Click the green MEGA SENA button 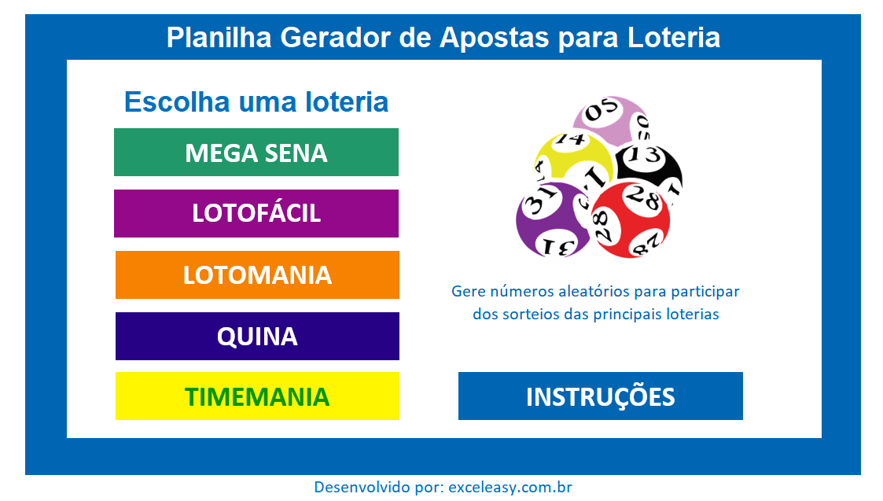tap(256, 152)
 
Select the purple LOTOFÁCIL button tap(256, 214)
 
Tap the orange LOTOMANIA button tap(257, 275)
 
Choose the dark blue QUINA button tap(257, 337)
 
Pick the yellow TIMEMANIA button tap(257, 396)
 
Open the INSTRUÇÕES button tap(600, 396)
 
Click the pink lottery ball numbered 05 tap(611, 118)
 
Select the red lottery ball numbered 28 tap(631, 219)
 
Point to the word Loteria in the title tap(674, 38)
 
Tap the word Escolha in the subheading tap(177, 102)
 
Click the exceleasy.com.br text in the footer tap(510, 487)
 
